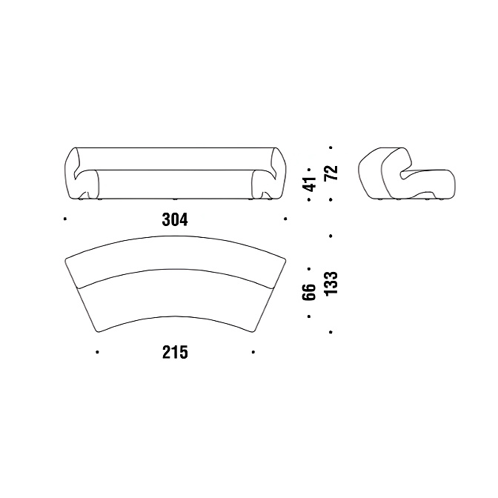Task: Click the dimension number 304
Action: [x=175, y=219]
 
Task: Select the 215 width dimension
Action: [x=175, y=352]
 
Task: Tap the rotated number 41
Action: [x=310, y=185]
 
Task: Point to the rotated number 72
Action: [x=331, y=173]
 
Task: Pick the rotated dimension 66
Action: [x=309, y=292]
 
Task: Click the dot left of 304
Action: [x=65, y=219]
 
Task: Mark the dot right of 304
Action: [x=285, y=219]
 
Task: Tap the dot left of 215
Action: [x=97, y=352]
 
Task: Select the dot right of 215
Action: [x=253, y=352]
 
